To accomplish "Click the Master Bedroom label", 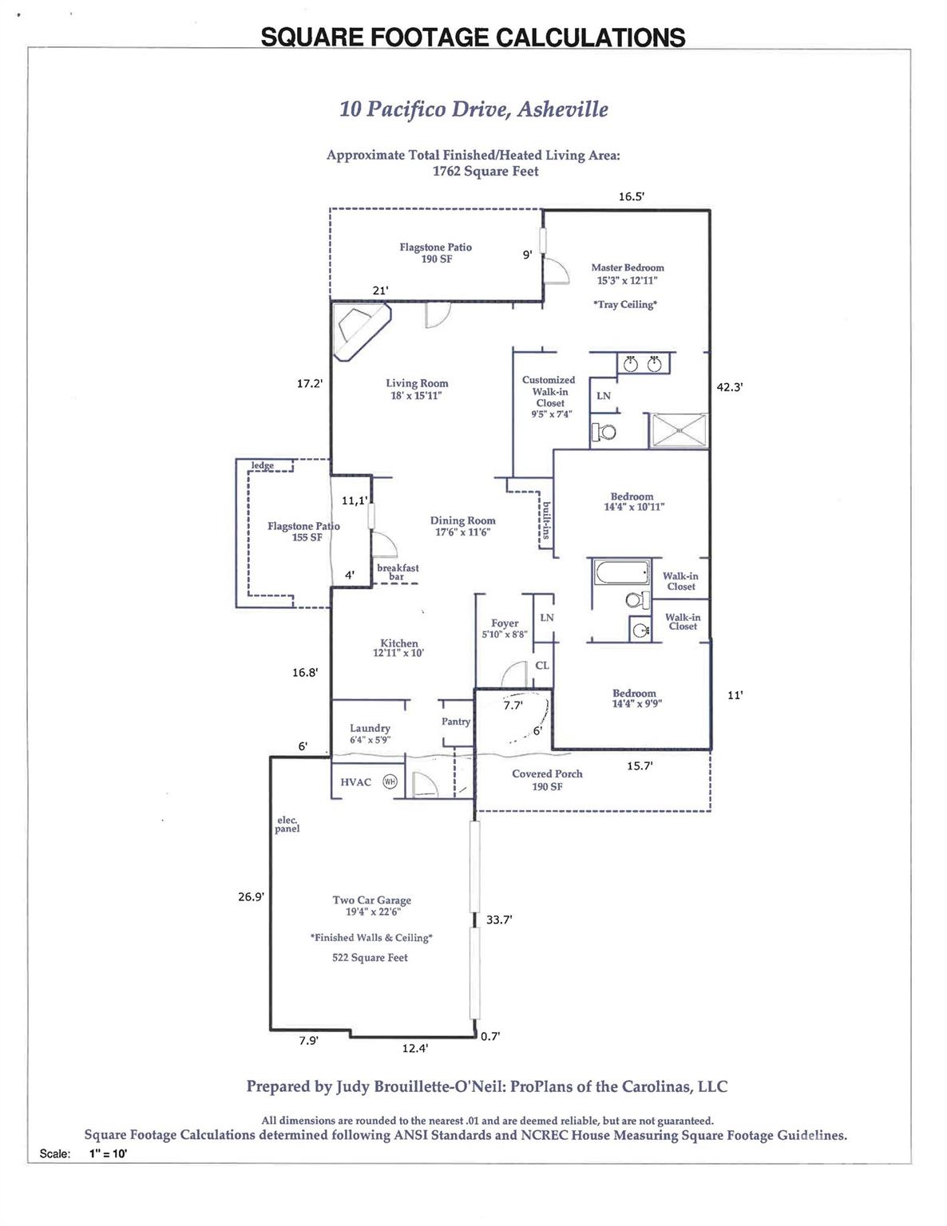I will coord(628,268).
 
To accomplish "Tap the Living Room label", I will coord(417,384).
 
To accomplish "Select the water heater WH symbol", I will coord(390,781).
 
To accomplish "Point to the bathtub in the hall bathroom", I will coord(622,573).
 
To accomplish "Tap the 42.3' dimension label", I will coord(730,387).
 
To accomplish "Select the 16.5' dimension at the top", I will coord(631,196).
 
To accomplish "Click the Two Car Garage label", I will coord(371,900).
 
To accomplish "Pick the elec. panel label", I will coord(287,825).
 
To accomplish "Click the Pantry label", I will coord(456,722).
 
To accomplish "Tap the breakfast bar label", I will coord(398,572).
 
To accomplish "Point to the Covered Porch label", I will coord(547,774).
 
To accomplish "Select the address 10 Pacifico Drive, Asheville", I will coord(473,109).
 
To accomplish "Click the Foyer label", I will coord(505,623).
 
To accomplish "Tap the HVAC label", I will coord(355,782).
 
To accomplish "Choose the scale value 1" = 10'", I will coord(109,1153).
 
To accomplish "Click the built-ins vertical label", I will coord(546,520).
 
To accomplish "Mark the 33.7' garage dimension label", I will coord(499,920).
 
